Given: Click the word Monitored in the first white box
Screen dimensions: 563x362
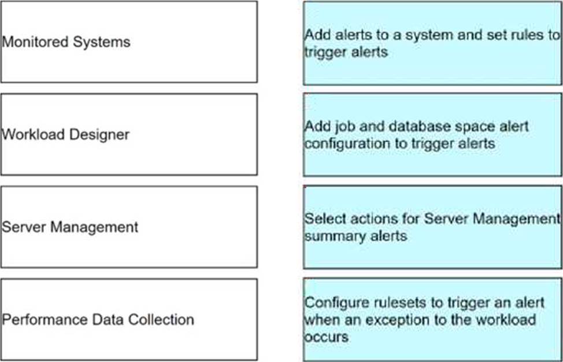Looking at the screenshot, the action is click(x=35, y=42).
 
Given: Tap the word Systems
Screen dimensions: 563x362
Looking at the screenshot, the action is click(x=102, y=43).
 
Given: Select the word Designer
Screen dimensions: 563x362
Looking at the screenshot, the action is click(x=99, y=135).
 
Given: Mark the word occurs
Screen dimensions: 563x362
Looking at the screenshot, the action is click(x=327, y=337).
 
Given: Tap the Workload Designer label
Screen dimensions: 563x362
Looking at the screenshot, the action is click(x=65, y=135).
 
